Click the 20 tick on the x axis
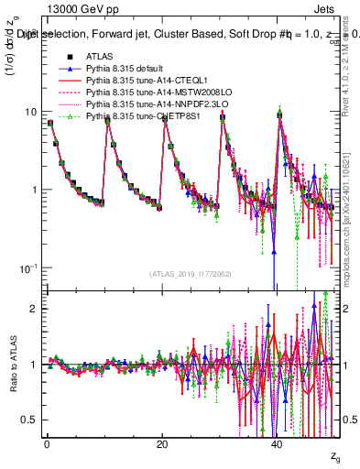[162, 444]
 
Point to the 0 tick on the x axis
[47, 444]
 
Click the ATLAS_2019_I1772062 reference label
[191, 274]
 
